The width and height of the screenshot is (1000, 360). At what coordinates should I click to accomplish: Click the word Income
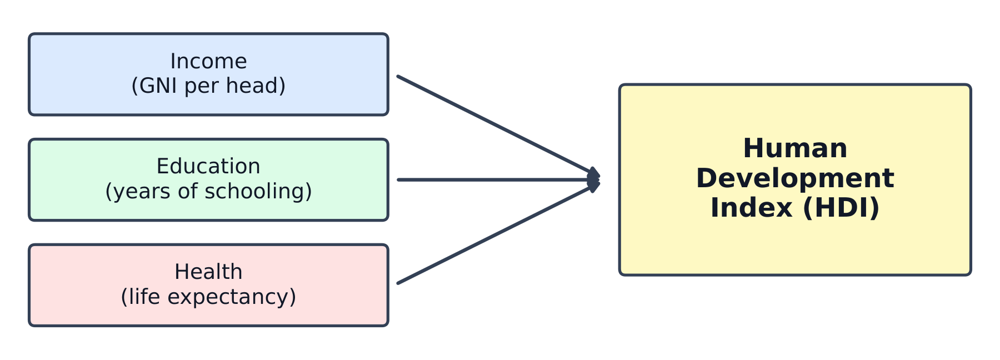pyautogui.click(x=208, y=61)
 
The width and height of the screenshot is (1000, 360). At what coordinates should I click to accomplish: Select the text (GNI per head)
pyautogui.click(x=208, y=86)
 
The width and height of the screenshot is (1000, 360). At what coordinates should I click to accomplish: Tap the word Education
pyautogui.click(x=208, y=166)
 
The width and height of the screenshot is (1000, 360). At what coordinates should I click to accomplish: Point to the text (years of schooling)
pyautogui.click(x=208, y=192)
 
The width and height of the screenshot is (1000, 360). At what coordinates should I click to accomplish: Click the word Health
pyautogui.click(x=208, y=272)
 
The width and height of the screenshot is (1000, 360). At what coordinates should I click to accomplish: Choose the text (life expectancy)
pyautogui.click(x=208, y=297)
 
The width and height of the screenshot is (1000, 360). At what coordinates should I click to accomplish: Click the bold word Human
pyautogui.click(x=795, y=148)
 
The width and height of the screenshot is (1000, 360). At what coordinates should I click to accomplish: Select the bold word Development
pyautogui.click(x=795, y=178)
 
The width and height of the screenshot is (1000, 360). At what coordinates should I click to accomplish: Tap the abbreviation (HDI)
pyautogui.click(x=841, y=208)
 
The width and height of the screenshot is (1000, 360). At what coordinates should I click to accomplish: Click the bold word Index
pyautogui.click(x=752, y=208)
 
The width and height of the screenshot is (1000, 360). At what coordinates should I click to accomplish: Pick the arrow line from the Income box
pyautogui.click(x=498, y=126)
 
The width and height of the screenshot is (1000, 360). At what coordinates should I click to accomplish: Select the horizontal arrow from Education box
pyautogui.click(x=498, y=180)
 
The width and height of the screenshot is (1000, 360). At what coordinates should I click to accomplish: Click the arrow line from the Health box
pyautogui.click(x=498, y=233)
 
